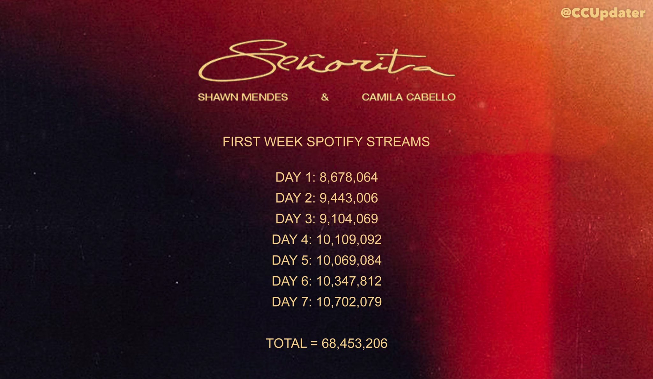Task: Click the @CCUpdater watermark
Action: tap(603, 13)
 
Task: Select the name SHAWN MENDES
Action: tap(243, 97)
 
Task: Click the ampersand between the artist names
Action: tap(325, 97)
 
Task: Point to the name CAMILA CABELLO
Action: tap(408, 97)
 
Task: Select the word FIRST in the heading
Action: tap(241, 142)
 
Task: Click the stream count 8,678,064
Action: tap(349, 177)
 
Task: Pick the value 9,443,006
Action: tap(349, 198)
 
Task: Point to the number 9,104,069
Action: tap(349, 219)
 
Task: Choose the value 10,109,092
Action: tap(349, 240)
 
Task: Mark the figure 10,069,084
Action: tap(349, 260)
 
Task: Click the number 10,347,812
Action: tap(349, 281)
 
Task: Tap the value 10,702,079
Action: tap(349, 302)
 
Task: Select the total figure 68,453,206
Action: tap(354, 344)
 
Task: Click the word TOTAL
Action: tap(286, 344)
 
